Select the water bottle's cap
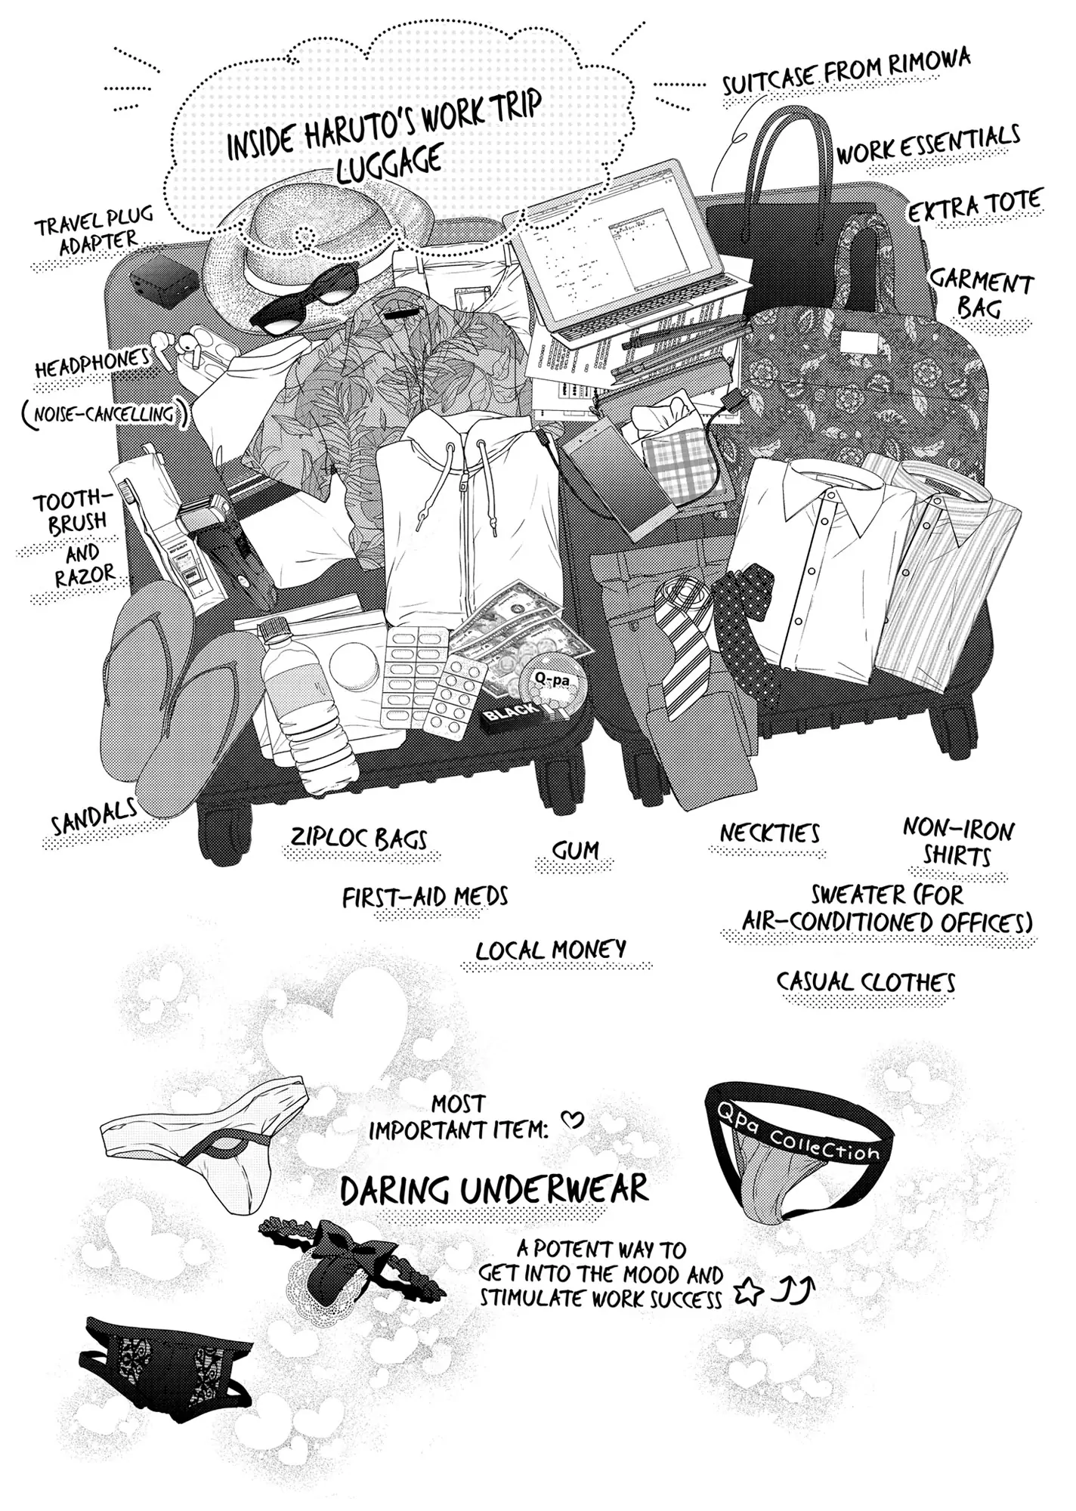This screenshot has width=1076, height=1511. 274,629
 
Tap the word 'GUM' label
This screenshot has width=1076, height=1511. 575,851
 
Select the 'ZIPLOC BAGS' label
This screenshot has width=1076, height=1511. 360,838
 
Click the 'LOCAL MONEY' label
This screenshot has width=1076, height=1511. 552,950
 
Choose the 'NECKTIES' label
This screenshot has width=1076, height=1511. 769,833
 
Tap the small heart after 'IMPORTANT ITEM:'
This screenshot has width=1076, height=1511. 574,1120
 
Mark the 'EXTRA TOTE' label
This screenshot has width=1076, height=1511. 975,205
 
